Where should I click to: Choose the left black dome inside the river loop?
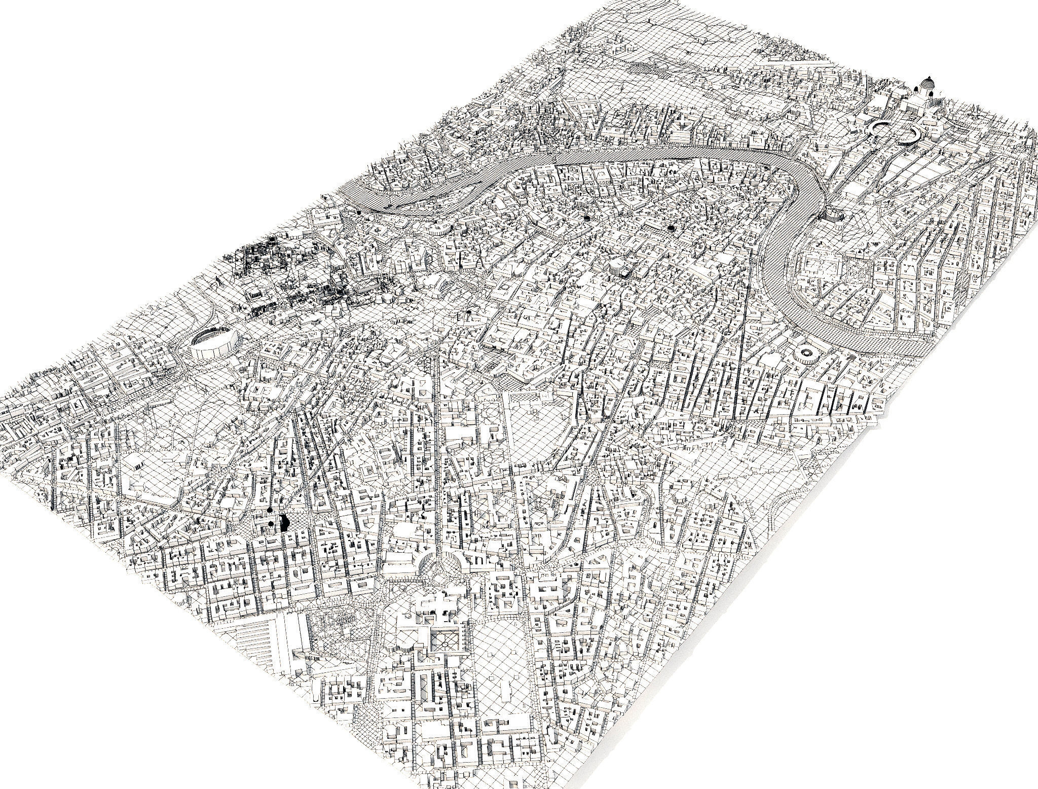pos(587,218)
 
